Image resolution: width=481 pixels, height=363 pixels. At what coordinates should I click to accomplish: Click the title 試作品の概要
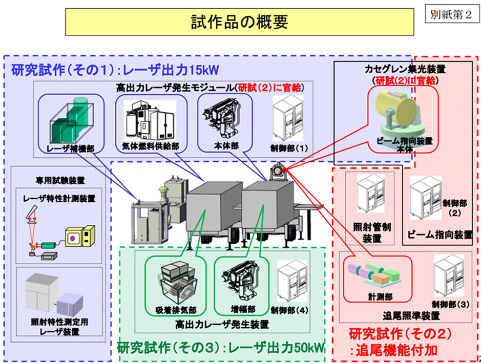pyautogui.click(x=239, y=22)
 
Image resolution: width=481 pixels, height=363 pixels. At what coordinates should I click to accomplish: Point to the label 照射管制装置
pyautogui.click(x=371, y=232)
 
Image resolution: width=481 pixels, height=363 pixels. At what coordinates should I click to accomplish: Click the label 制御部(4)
pyautogui.click(x=290, y=310)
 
